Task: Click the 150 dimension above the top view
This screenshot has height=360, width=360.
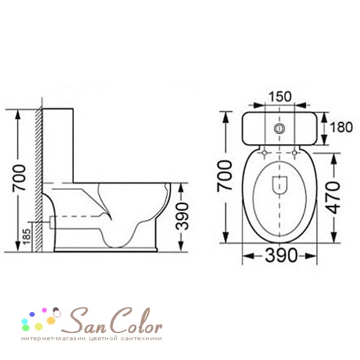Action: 280,97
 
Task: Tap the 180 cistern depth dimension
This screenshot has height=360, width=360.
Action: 341,127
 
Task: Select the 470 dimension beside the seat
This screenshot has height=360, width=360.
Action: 333,197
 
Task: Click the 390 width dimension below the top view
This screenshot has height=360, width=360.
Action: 281,256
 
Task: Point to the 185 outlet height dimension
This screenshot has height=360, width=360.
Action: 26,236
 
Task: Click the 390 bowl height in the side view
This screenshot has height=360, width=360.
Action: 182,216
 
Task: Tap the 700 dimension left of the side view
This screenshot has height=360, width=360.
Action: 19,178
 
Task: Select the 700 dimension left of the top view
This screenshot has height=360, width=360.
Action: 224,176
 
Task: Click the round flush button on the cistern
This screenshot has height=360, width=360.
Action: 280,128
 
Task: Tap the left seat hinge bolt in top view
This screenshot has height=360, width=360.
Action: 265,152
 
